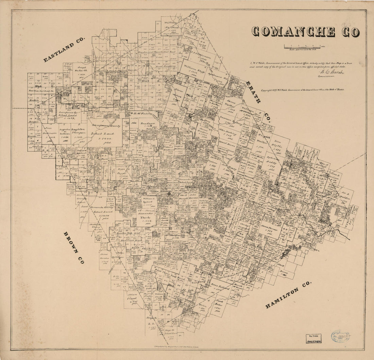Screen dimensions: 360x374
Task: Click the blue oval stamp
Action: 340,336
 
